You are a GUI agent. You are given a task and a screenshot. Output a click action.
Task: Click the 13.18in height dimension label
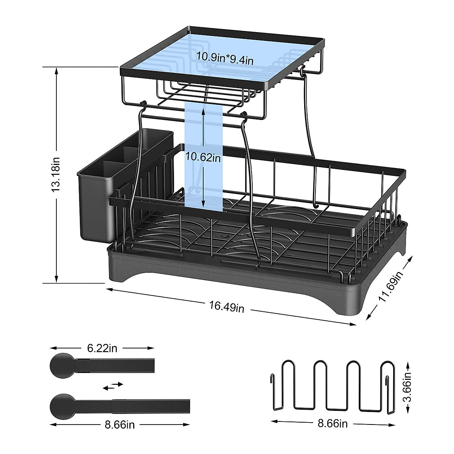(x=56, y=174)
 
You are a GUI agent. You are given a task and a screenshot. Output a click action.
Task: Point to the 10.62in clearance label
(x=203, y=157)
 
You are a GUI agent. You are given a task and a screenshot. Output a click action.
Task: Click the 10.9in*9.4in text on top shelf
(x=225, y=58)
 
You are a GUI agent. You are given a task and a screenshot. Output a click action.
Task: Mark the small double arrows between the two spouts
(x=113, y=385)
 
